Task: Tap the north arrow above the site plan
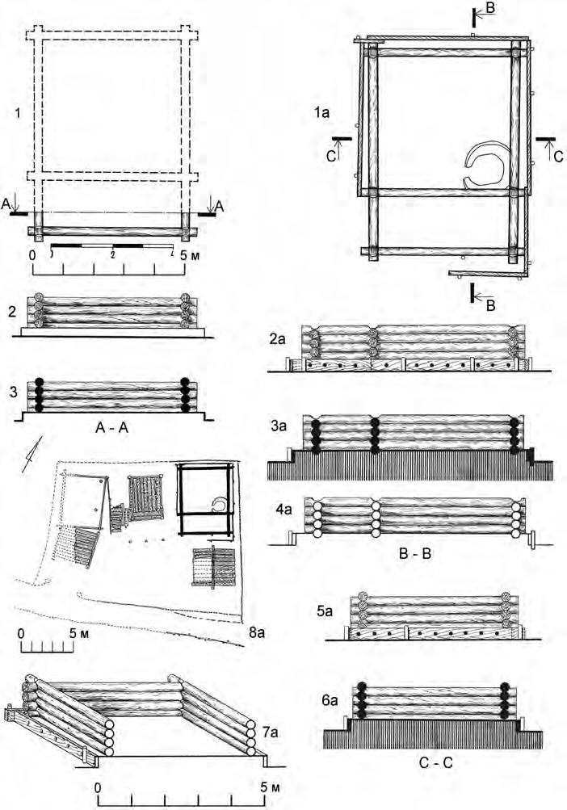click(x=31, y=448)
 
